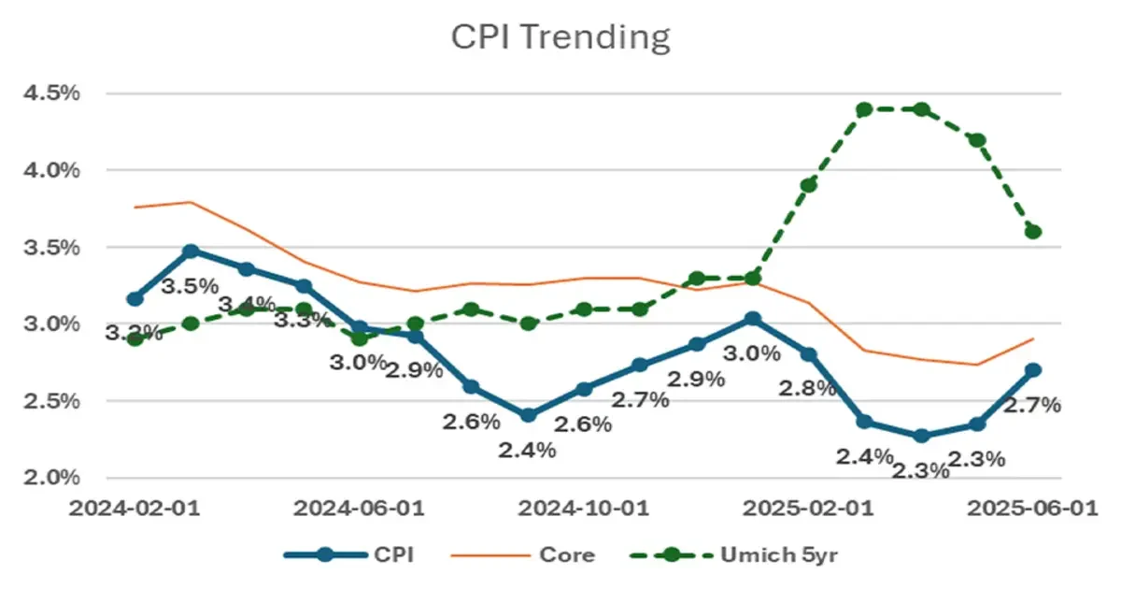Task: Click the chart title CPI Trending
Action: tap(560, 37)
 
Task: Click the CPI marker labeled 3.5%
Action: tap(191, 251)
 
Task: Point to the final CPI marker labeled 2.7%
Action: tap(1033, 370)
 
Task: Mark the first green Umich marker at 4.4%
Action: tap(864, 109)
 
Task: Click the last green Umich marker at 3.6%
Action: tap(1033, 232)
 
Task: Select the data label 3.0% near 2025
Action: tap(753, 353)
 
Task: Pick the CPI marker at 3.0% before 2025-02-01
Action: tap(752, 319)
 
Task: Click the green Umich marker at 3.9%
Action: tap(809, 185)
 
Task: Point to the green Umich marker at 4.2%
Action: tap(977, 140)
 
